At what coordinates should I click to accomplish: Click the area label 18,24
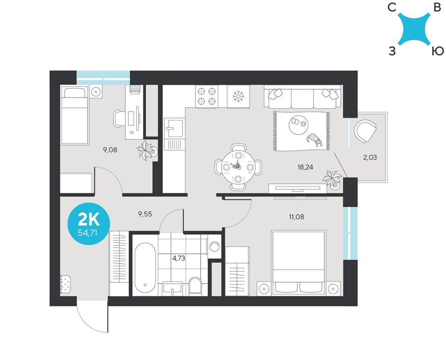(305, 167)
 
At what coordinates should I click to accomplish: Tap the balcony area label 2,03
(370, 157)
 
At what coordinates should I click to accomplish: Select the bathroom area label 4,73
(179, 258)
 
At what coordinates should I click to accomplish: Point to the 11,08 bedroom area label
(297, 217)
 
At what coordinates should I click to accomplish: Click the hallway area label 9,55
(145, 214)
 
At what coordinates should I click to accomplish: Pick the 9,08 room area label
(110, 150)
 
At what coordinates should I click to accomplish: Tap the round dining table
(238, 167)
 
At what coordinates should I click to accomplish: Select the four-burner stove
(206, 96)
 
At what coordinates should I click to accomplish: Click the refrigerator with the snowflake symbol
(238, 96)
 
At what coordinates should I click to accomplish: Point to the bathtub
(145, 268)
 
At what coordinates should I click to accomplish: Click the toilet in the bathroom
(195, 285)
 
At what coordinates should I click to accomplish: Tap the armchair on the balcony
(366, 131)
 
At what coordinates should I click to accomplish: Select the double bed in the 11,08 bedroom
(298, 263)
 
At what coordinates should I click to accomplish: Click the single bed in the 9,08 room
(74, 115)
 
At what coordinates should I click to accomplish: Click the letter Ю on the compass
(438, 51)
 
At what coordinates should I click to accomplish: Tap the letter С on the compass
(392, 8)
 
